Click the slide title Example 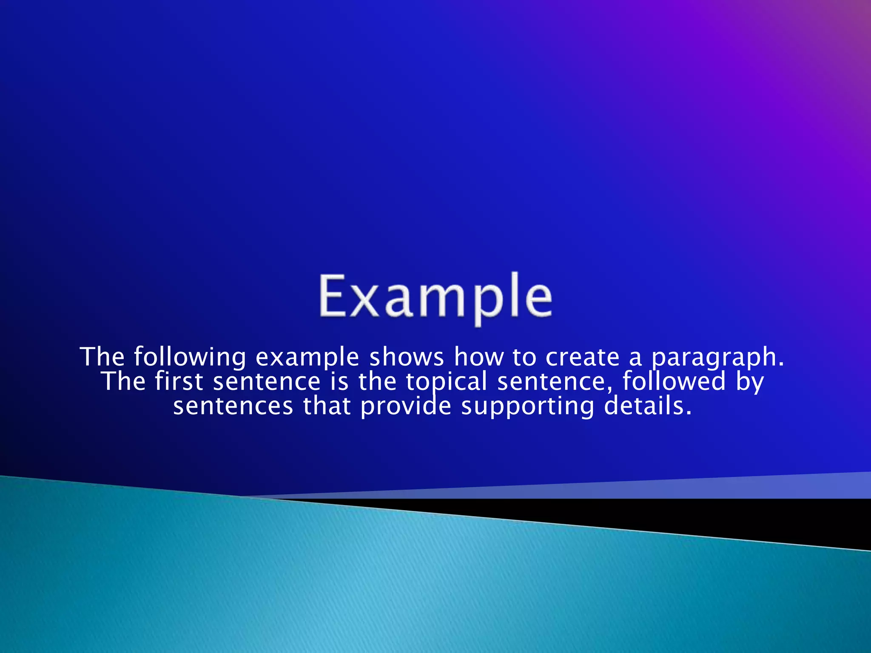pos(435,297)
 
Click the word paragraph pos(718,358)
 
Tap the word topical pos(446,382)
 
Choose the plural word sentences pos(233,406)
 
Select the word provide pos(406,406)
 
